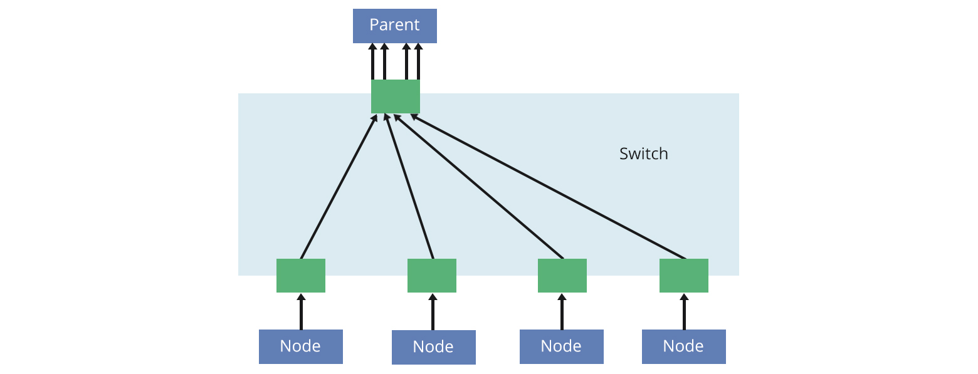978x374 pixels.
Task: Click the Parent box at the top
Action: [x=394, y=26]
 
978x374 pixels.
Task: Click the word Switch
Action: [x=643, y=153]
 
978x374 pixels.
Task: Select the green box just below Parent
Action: [x=395, y=96]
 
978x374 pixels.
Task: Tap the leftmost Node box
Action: [x=300, y=346]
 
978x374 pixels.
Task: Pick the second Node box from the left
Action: [x=433, y=347]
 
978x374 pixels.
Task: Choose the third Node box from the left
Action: [x=561, y=346]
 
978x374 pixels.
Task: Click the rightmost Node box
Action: [x=683, y=346]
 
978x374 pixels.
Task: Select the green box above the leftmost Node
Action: [x=300, y=276]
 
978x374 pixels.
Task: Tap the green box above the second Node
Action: [x=431, y=276]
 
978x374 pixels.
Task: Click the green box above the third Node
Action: [x=562, y=276]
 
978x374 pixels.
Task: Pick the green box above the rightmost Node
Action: [x=683, y=276]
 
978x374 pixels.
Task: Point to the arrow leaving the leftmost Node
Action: [x=301, y=311]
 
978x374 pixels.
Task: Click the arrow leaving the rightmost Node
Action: [x=684, y=311]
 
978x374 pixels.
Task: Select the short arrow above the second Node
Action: [x=433, y=312]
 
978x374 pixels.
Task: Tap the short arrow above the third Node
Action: [x=562, y=311]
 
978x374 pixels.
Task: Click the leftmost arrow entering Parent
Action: [x=372, y=61]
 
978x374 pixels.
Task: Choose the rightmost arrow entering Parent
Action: [x=418, y=61]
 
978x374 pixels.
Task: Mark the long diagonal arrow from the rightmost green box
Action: [x=549, y=187]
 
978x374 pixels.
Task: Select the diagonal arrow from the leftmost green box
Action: [x=339, y=187]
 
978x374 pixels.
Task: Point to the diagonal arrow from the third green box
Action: [x=478, y=186]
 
